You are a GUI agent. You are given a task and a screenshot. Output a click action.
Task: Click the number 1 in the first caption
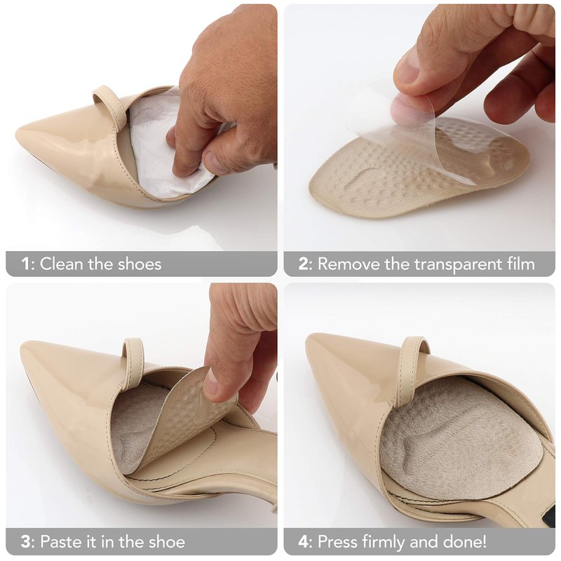pos(26,264)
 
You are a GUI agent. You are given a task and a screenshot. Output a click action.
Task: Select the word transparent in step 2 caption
pos(461,265)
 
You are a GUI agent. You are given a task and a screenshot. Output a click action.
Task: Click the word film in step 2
pos(522,264)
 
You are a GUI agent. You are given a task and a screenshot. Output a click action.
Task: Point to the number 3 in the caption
pos(25,541)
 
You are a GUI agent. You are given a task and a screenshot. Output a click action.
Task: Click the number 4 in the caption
pos(304,541)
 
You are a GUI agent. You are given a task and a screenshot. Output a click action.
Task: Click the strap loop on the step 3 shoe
pos(134,360)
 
